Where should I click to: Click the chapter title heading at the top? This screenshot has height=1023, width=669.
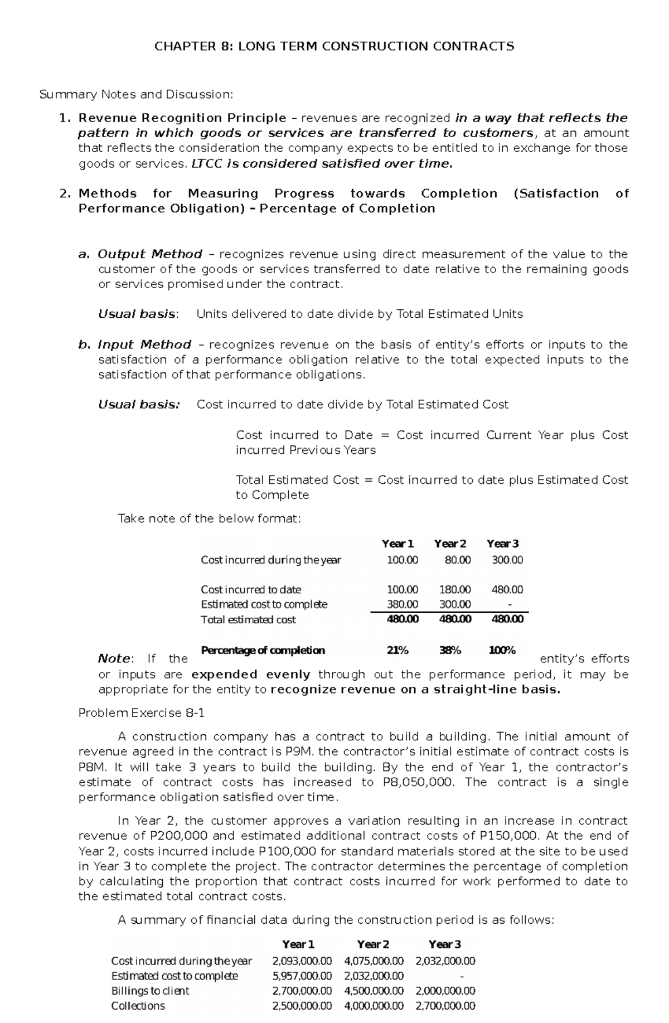click(334, 46)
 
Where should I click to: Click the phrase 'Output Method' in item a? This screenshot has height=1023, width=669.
click(150, 254)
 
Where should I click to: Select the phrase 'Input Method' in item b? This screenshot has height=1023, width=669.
click(144, 345)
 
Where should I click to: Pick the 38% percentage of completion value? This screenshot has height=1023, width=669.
click(450, 650)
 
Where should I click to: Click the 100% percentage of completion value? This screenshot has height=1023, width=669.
click(502, 650)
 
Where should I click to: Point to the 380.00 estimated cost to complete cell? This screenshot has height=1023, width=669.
click(403, 604)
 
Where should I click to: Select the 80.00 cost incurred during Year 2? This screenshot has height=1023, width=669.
click(458, 560)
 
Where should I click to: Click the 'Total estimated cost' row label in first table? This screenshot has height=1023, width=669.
click(248, 619)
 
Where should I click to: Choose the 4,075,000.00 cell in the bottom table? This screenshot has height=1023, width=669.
click(374, 961)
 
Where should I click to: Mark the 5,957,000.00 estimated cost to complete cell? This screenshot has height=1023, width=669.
click(302, 976)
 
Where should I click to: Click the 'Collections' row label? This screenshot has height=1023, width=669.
click(138, 1006)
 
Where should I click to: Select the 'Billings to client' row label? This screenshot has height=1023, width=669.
click(150, 991)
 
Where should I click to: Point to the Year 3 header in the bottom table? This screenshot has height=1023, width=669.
click(444, 944)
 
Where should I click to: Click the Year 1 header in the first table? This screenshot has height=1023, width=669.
click(397, 544)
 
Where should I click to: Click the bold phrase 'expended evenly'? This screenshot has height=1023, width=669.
click(250, 675)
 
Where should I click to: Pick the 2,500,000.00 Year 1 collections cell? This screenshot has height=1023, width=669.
click(302, 1006)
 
